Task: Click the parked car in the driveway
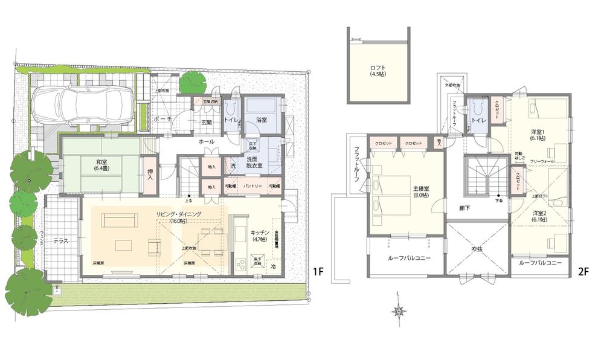[x=83, y=106]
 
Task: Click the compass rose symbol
[x=399, y=311]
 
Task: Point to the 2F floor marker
[x=583, y=271]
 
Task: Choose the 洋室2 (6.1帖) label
[x=541, y=216]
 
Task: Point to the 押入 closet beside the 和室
[x=149, y=175]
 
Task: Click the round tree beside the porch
[x=193, y=83]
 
